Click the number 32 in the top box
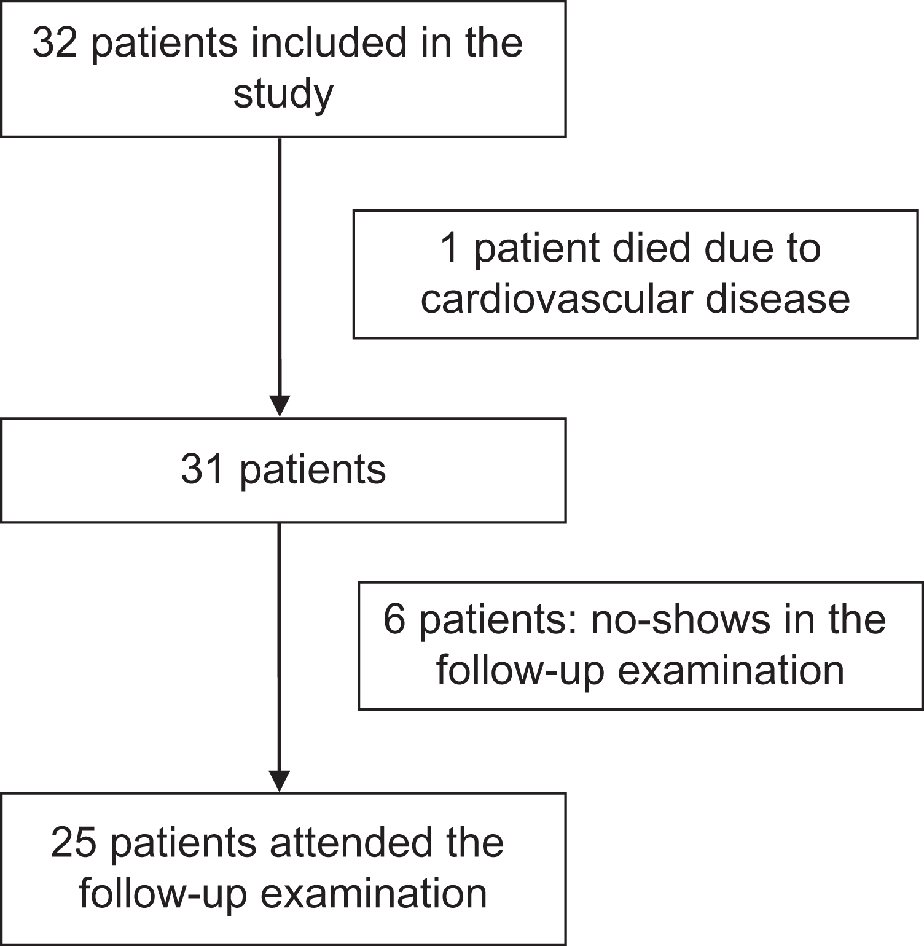pyautogui.click(x=55, y=43)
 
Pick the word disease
pyautogui.click(x=777, y=299)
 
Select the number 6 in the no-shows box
pyautogui.click(x=394, y=619)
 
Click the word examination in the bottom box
pyautogui.click(x=374, y=894)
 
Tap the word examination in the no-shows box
pyautogui.click(x=731, y=670)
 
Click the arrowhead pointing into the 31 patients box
pyautogui.click(x=280, y=406)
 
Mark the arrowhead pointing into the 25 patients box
pyautogui.click(x=280, y=781)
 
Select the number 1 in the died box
pyautogui.click(x=450, y=248)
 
